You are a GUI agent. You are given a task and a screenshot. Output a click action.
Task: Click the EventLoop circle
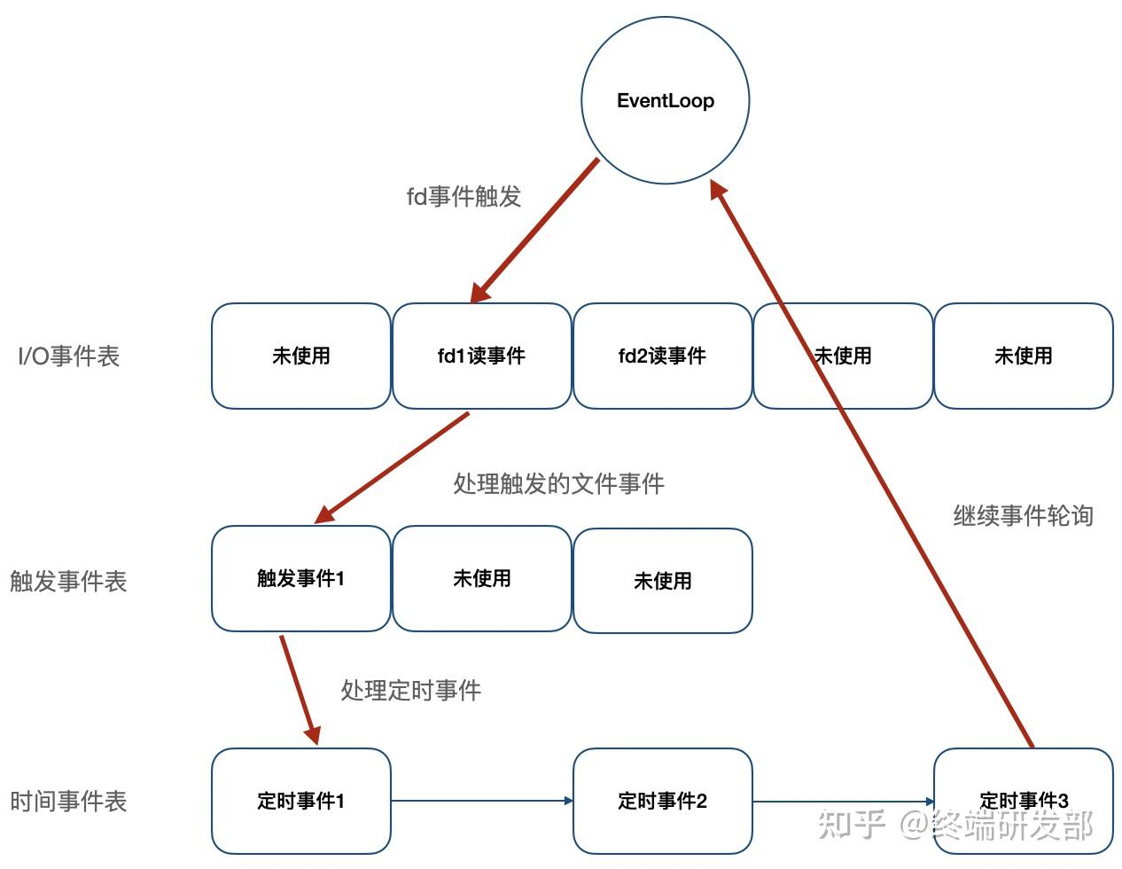pos(665,100)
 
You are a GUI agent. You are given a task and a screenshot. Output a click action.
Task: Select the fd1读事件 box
pos(481,356)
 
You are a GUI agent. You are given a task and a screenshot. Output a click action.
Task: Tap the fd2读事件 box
pos(662,356)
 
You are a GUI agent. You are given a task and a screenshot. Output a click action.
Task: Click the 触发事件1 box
pos(300,578)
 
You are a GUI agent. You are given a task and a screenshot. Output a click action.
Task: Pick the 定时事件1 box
pos(300,801)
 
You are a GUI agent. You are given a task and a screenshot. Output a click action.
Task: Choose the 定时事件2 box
pos(662,801)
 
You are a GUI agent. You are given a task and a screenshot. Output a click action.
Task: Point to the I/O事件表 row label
pos(69,356)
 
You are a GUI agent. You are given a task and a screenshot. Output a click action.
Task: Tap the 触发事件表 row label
pos(68,581)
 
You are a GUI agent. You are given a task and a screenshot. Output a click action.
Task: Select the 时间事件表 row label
pos(68,802)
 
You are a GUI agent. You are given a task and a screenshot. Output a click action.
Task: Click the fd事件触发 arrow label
pos(464,196)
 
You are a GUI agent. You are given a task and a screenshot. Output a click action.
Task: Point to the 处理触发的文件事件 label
pos(558,483)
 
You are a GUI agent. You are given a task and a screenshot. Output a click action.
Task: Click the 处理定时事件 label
pos(410,690)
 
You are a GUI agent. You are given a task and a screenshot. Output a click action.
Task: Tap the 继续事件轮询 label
pos(1023,515)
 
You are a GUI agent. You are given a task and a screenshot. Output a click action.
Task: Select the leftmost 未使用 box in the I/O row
pos(300,356)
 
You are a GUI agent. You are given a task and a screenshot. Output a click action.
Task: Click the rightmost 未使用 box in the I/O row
pos(1024,356)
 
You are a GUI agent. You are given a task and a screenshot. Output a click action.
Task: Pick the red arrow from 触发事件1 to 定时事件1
pos(298,688)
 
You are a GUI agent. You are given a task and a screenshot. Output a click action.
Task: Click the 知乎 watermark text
pos(852,824)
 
